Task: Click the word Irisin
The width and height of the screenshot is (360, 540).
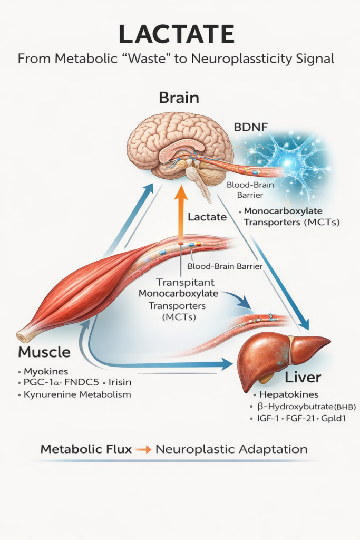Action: pyautogui.click(x=121, y=382)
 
